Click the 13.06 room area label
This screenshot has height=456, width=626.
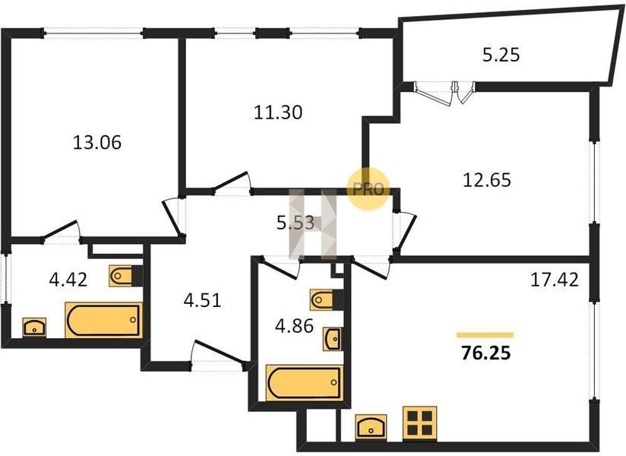[97, 143]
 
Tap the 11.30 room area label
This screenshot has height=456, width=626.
[278, 112]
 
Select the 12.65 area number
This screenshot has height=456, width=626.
[487, 180]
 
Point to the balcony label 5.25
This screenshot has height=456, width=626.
[501, 55]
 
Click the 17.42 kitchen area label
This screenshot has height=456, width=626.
[554, 280]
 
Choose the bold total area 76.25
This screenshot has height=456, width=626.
[486, 353]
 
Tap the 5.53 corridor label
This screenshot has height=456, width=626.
[296, 223]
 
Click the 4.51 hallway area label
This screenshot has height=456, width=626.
[202, 300]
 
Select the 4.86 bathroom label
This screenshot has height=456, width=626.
[294, 326]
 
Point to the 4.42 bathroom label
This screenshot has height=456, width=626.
[68, 280]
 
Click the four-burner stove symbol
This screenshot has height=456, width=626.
[419, 423]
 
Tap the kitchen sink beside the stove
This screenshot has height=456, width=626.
[371, 426]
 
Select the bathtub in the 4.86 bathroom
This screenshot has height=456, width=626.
[304, 382]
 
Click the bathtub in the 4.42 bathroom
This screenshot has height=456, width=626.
[104, 320]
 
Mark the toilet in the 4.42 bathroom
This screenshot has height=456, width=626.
[125, 276]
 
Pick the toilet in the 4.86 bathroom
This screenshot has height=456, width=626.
[327, 300]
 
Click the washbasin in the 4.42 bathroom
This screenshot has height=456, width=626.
[34, 328]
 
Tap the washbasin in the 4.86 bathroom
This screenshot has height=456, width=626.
[333, 339]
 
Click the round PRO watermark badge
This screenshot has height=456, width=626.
[368, 189]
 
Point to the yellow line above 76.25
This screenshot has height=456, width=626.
[485, 335]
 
